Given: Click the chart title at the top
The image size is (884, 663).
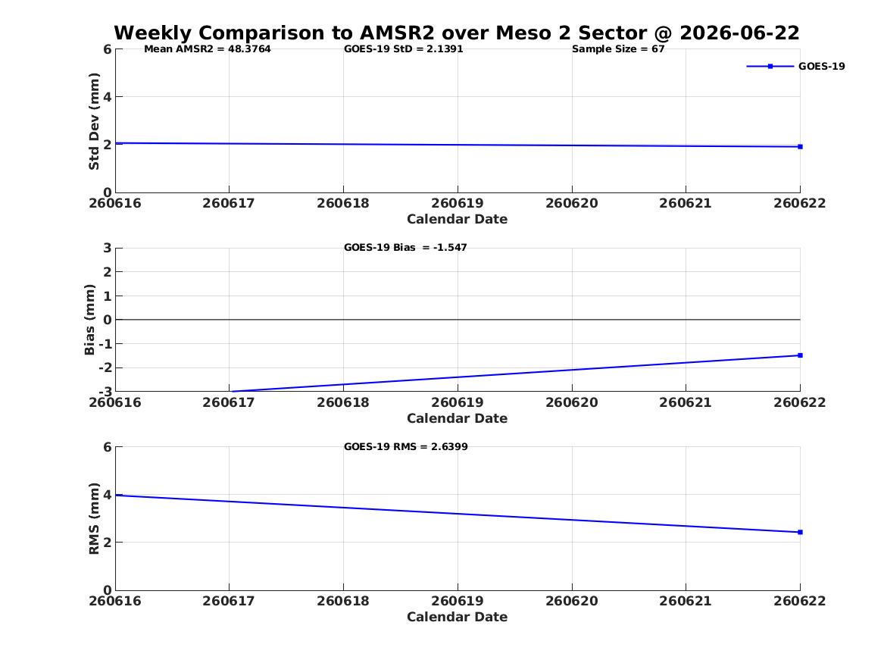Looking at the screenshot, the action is point(457,33).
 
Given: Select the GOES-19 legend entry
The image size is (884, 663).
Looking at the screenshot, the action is point(795,66).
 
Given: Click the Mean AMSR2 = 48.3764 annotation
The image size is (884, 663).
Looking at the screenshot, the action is point(208,49).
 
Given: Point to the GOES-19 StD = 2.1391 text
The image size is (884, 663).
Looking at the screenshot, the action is point(404,49).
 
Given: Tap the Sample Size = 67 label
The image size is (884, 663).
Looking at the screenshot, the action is point(618,49).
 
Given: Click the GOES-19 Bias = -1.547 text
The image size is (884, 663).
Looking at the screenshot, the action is point(405,248).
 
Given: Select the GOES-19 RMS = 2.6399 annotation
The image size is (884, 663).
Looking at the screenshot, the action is point(406,446).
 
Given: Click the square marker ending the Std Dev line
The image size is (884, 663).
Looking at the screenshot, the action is point(800,146).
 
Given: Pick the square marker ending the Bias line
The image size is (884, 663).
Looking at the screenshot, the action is point(800,355).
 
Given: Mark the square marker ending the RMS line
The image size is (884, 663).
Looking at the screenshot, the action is point(800,532).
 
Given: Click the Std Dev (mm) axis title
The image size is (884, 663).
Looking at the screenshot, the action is point(94,121).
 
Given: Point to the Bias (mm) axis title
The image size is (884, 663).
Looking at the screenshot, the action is point(89,320).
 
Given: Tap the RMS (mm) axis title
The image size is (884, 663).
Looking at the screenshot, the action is point(94,519).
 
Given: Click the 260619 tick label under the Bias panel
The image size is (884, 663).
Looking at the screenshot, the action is point(458,402).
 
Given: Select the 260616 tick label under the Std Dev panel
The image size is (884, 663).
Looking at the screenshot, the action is point(115,204).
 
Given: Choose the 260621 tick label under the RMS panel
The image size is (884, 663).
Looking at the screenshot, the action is point(686,601).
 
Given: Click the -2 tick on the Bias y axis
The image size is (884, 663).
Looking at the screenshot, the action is point(105,367).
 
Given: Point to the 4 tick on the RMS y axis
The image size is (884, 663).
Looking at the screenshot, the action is point(107,495).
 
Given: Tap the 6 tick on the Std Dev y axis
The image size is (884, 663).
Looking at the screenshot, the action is point(107,49).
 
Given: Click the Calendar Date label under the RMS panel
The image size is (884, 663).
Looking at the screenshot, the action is point(458,617).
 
